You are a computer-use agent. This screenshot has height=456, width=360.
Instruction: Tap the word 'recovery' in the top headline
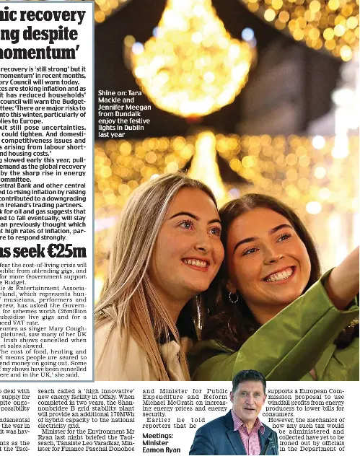pos(58,12)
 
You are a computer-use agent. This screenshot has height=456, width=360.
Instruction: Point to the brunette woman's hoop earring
pos(234,297)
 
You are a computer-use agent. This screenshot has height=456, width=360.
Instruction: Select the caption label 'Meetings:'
pos(157,435)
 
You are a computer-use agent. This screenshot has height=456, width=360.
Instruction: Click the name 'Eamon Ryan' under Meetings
pos(161,449)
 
